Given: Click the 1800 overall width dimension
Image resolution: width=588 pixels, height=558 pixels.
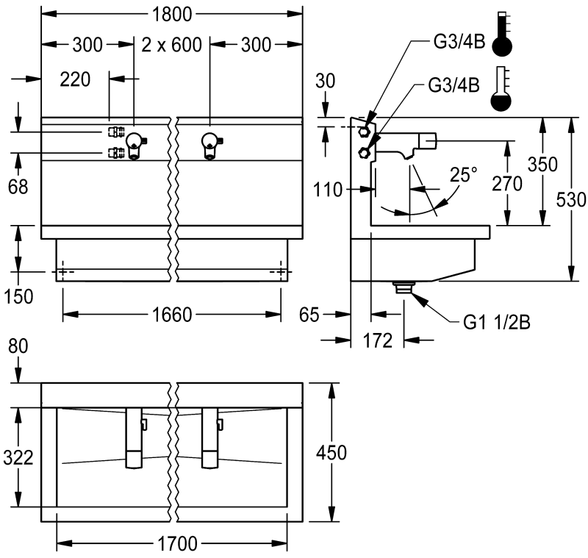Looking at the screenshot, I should (x=173, y=12).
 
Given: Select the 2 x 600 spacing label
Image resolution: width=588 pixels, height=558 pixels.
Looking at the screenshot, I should (x=172, y=44).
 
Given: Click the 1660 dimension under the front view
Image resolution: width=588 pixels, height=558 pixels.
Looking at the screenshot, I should (x=172, y=315).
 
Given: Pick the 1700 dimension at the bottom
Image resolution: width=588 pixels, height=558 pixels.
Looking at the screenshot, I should (x=172, y=544).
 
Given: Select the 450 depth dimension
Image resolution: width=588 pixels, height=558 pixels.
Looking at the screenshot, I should (x=331, y=452).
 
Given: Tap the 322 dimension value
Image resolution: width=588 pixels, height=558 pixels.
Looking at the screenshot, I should (x=18, y=457).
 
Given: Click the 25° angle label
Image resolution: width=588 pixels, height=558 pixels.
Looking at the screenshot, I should (x=464, y=175).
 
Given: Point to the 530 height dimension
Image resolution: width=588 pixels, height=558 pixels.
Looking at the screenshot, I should (x=571, y=199).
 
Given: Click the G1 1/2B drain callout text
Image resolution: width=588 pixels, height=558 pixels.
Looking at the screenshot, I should (x=497, y=321).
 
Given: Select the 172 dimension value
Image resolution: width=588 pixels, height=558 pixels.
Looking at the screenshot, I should (x=382, y=340).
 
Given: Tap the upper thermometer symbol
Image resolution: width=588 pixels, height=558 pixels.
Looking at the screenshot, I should (x=503, y=34).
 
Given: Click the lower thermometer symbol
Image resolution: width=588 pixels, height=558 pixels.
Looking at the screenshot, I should (x=503, y=90).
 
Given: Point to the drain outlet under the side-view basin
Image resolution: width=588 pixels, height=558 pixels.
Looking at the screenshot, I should (x=404, y=287).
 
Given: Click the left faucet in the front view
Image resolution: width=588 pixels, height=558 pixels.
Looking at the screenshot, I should (x=135, y=145).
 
